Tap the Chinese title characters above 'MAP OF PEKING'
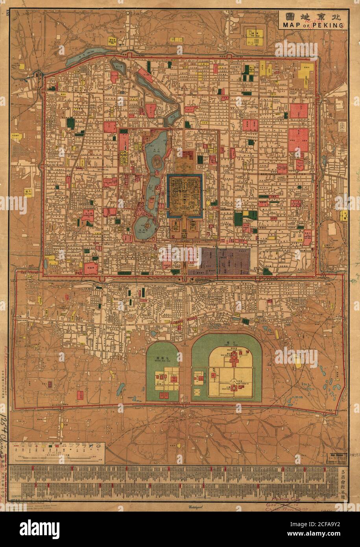pyautogui.click(x=312, y=16)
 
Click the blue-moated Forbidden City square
pyautogui.click(x=185, y=195)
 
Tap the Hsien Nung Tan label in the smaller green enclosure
pyautogui.click(x=163, y=355)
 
